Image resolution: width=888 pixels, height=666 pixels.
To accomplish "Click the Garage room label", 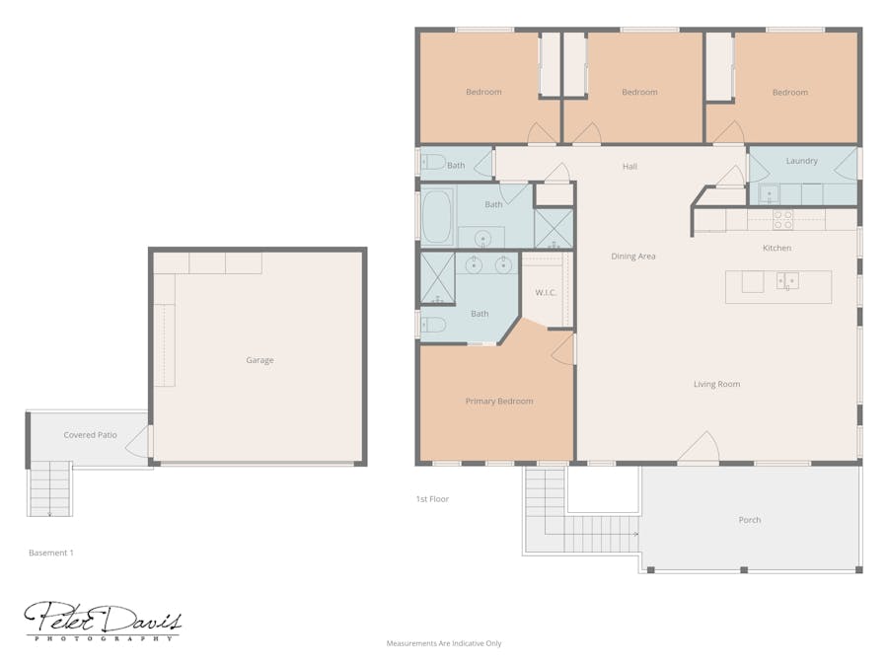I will coord(259,360).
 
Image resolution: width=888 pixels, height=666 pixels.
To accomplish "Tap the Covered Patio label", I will coord(90,435).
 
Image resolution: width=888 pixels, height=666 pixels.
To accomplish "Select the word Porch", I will coord(749,520).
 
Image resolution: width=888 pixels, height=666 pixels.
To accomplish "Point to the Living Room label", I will coord(716,384).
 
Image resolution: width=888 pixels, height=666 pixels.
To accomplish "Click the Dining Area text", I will coord(632,257).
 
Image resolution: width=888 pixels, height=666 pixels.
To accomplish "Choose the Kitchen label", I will coord(777,248).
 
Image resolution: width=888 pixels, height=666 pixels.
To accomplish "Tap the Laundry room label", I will coord(801,161).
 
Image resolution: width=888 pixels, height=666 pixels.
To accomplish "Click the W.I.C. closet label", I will coord(547,292).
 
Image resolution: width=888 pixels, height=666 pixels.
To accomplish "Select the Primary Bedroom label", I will coord(498,402).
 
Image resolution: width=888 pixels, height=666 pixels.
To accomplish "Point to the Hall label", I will coord(629,167).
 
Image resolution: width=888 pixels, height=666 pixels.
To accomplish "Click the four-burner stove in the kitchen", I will coord(782,219).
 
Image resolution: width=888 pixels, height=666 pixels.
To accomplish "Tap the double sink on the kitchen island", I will coord(787,281).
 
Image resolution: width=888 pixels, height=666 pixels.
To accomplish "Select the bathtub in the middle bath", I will coord(437,217).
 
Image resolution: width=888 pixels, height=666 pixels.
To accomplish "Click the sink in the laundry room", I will coord(768,193).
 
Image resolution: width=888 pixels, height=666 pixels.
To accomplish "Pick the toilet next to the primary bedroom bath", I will coord(433,324).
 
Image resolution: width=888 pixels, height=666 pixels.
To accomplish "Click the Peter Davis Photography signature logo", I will coord(103,622).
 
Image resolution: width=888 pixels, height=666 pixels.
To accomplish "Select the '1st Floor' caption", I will coord(432,499).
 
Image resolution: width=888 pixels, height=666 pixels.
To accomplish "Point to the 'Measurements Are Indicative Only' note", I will coord(443,643).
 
